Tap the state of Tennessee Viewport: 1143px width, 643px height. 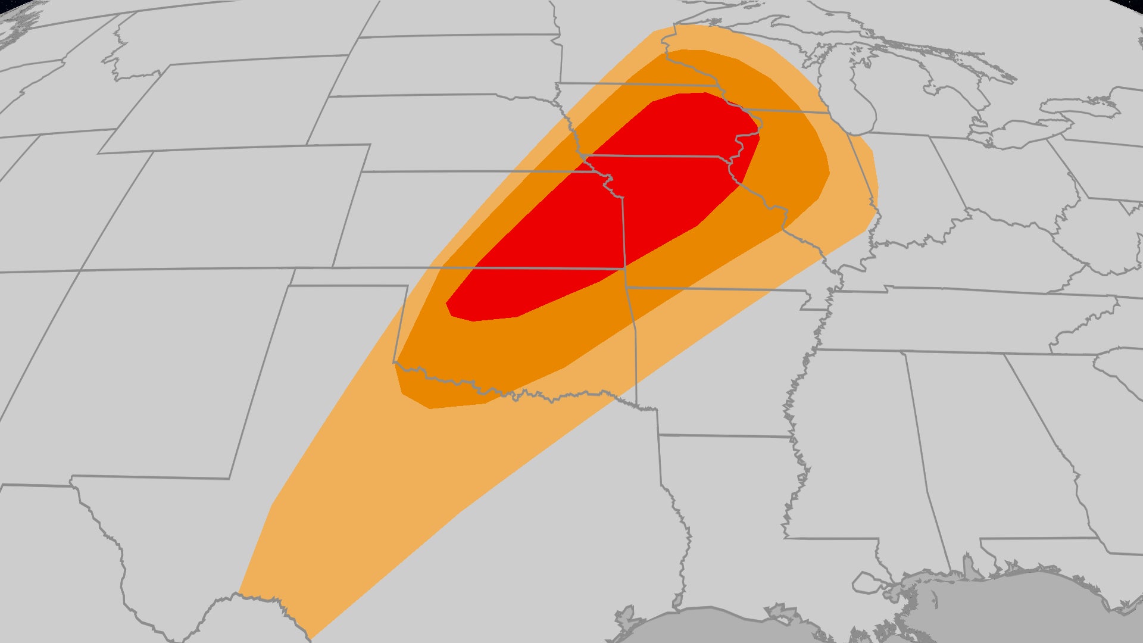(x=952, y=321)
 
